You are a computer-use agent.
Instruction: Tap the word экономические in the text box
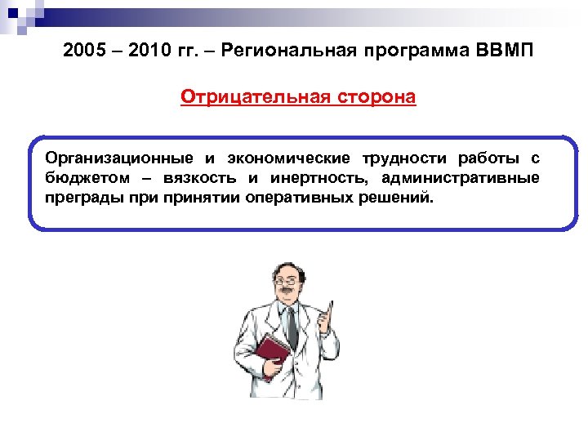(x=289, y=158)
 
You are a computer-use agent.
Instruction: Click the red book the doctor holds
(x=272, y=357)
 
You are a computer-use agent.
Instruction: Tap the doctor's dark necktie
(x=292, y=326)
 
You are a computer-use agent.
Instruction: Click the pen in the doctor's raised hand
(x=332, y=310)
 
